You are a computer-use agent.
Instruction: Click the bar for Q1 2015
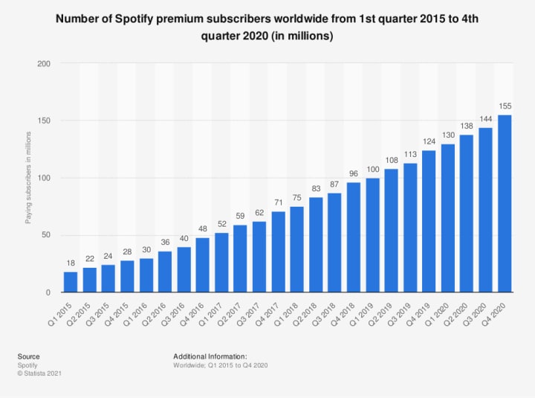point(71,282)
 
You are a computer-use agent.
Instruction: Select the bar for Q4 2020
point(505,204)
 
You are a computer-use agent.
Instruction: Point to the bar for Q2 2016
point(165,272)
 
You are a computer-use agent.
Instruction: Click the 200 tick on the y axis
point(44,64)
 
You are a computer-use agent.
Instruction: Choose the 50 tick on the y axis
point(46,235)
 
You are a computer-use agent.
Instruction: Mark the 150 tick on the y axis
point(44,121)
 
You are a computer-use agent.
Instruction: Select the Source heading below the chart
point(30,356)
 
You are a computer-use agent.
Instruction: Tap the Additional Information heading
point(210,356)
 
